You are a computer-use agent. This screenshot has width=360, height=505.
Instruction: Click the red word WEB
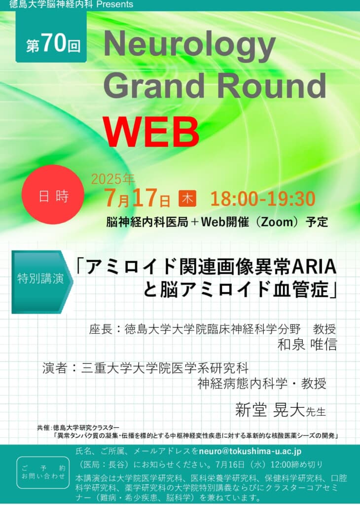point(151,132)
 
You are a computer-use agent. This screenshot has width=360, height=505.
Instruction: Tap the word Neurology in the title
point(190,46)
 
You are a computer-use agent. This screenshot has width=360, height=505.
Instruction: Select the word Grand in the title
point(154,85)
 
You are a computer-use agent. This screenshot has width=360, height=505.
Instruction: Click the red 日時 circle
point(53,195)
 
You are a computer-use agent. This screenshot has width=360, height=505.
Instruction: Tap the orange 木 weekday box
point(187,199)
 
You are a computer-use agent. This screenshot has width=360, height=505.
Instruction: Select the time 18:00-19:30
point(263,199)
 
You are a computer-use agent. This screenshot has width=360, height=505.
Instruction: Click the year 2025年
point(113,180)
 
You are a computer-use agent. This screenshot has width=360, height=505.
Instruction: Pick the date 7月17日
point(137,198)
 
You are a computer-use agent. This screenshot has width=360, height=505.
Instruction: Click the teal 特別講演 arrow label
point(42,282)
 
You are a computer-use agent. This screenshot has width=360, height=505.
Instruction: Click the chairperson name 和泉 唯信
point(307,345)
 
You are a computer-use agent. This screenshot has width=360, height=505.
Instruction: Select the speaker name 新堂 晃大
point(270,410)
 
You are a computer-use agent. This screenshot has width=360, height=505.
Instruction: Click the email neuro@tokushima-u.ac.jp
point(250,451)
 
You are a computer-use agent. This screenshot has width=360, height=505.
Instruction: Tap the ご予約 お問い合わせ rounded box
point(43,472)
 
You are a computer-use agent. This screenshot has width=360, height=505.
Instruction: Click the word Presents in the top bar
point(114,4)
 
